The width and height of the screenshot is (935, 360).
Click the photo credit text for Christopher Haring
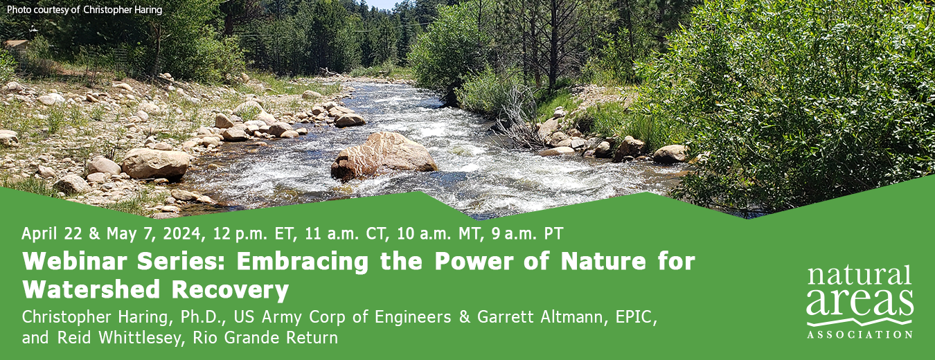pos(84,10)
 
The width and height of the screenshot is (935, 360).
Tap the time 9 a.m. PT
pos(527,234)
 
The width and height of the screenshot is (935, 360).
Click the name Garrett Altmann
pos(540,317)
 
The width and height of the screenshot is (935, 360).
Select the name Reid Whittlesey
pos(121,338)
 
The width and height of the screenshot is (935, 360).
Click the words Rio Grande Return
pos(265,338)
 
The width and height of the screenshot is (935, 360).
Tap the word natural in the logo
pos(859,276)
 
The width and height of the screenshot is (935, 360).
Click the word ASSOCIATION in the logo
pos(860,335)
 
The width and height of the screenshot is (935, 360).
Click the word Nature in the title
pos(603,262)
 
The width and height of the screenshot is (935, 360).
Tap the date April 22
pos(52,234)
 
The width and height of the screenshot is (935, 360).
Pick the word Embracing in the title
pos(303,262)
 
